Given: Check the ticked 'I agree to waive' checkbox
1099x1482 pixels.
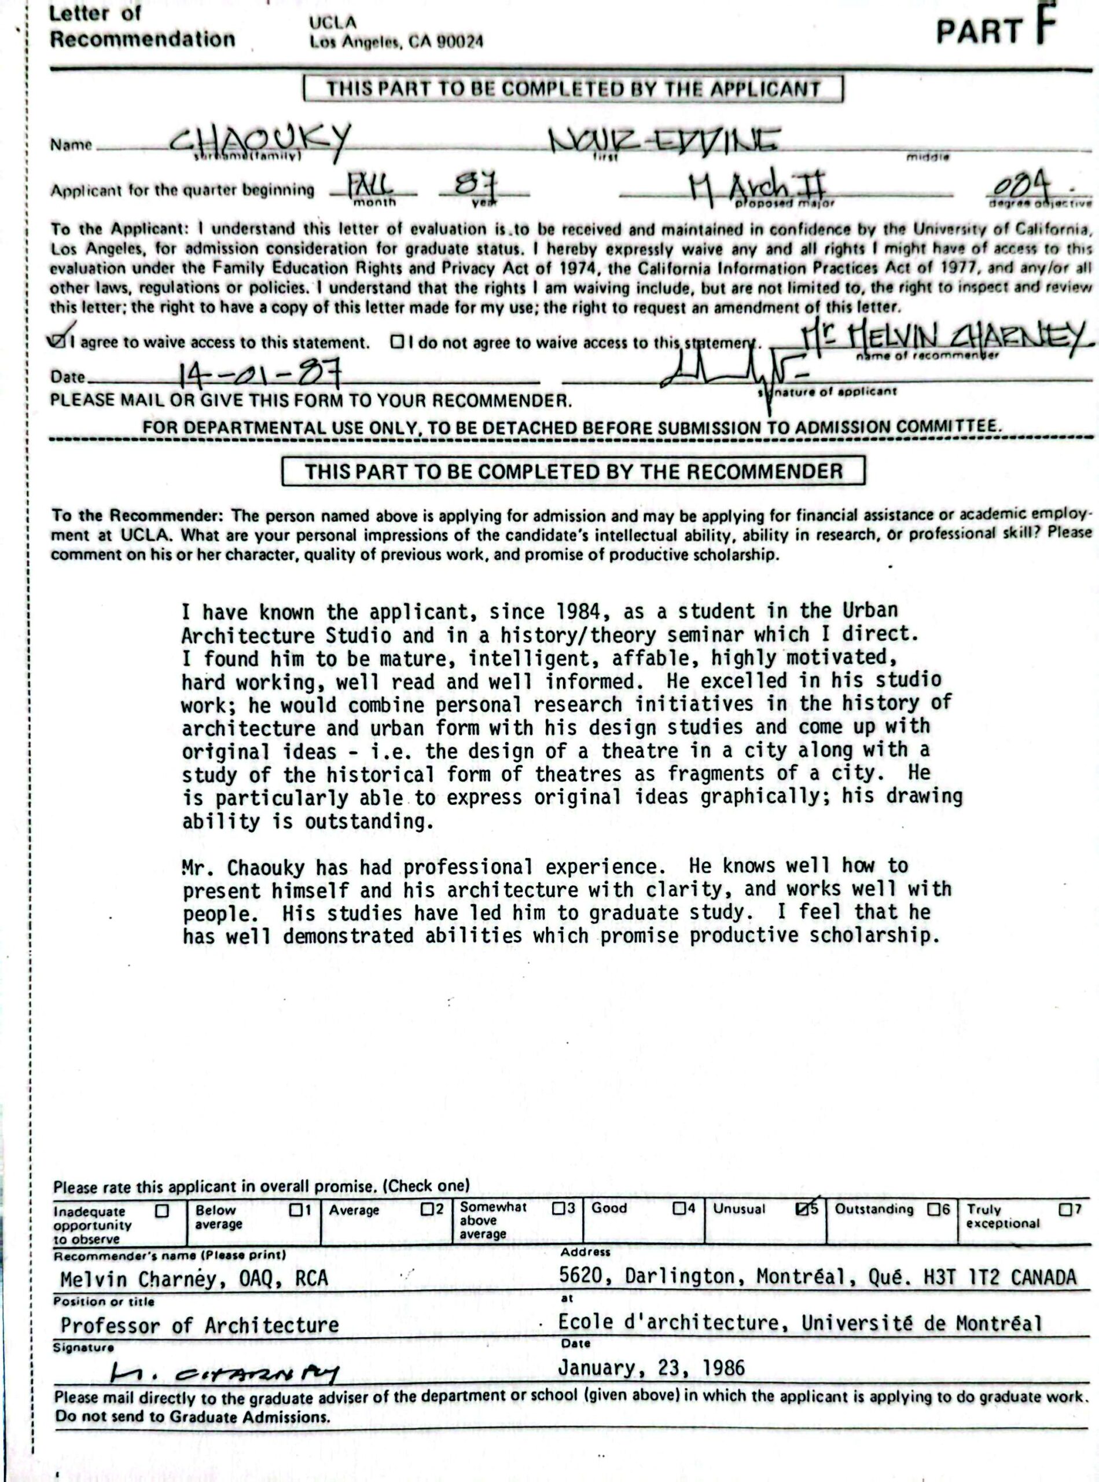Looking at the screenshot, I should (58, 342).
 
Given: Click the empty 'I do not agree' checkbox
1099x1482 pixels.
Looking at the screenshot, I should (397, 342).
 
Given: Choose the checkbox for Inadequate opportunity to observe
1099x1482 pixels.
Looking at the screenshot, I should (161, 1210).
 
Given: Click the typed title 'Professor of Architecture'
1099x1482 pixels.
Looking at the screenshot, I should (200, 1325).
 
